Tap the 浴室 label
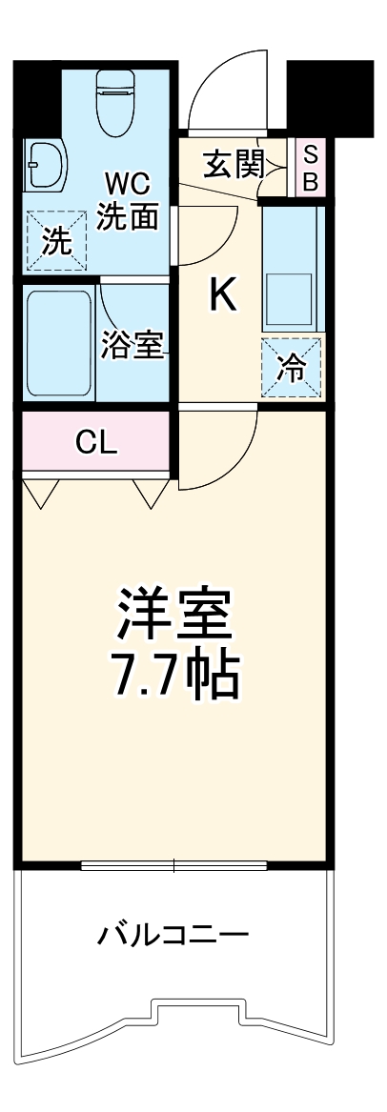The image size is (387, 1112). (132, 346)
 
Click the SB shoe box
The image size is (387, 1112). (309, 168)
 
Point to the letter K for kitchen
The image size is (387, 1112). (222, 298)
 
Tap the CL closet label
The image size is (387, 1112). (96, 442)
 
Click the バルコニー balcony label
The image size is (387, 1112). (173, 935)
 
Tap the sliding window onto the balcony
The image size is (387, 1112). (173, 865)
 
